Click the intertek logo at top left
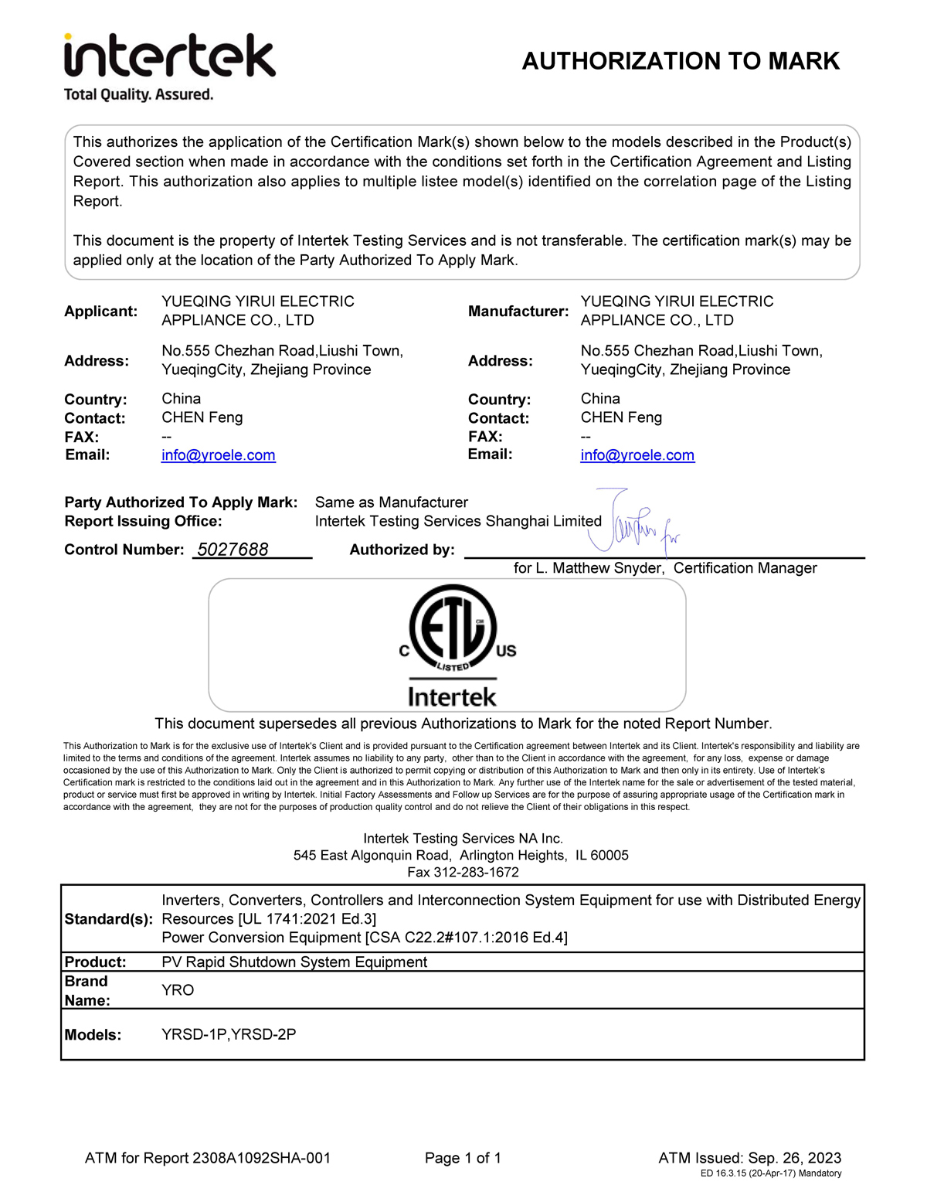click(x=169, y=55)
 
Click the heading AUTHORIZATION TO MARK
click(x=681, y=61)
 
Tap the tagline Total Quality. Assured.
click(x=138, y=95)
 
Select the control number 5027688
click(x=233, y=550)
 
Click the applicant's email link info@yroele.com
click(x=218, y=455)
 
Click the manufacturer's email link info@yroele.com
click(x=637, y=455)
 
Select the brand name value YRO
click(x=178, y=990)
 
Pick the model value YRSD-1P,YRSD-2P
click(x=229, y=1034)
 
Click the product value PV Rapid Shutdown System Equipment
click(x=294, y=962)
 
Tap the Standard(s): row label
click(x=108, y=919)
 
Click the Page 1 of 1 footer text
click(x=463, y=1158)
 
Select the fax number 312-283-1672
click(x=476, y=872)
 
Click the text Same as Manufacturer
click(x=391, y=502)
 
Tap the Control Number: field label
click(x=124, y=550)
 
